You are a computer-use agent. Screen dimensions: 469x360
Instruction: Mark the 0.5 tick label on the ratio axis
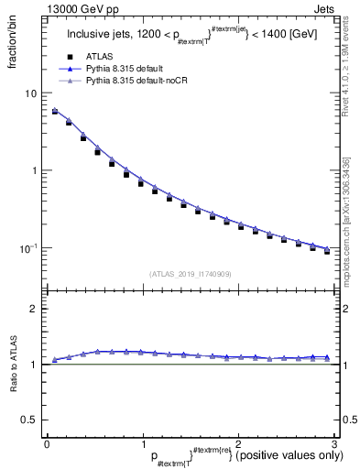coord(29,420)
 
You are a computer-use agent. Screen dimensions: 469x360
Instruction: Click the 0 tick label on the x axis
coord(47,444)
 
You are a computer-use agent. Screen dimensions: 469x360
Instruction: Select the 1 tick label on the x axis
coord(142,444)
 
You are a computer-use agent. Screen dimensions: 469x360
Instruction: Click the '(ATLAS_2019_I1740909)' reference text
coord(190,274)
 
